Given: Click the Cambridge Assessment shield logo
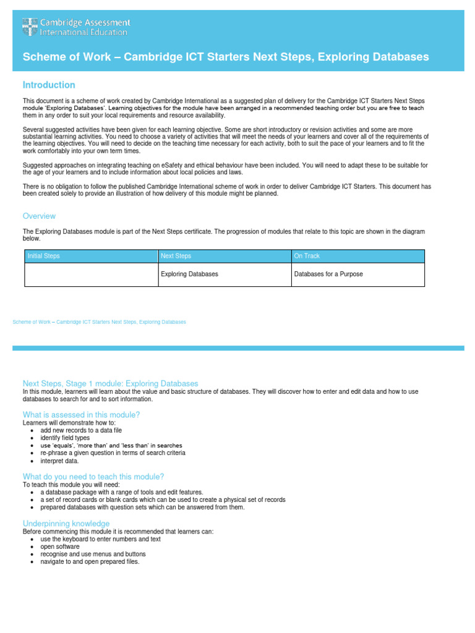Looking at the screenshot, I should click(30, 27).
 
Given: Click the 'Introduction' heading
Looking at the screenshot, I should click(49, 85).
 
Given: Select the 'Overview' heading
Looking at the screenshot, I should click(39, 216).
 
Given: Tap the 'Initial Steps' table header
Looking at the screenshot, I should click(43, 256).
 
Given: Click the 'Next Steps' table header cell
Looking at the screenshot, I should click(176, 256).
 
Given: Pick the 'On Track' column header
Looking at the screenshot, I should click(307, 256).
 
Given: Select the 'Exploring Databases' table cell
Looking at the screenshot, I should click(189, 274).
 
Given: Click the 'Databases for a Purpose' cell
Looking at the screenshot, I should click(328, 274).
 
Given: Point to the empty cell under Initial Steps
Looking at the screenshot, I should click(91, 274).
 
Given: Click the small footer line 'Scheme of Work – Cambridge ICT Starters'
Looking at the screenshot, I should click(99, 322).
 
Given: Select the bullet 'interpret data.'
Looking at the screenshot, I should click(60, 461).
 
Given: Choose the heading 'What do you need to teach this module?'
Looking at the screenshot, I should click(93, 477).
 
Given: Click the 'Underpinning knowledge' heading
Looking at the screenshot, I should click(66, 524).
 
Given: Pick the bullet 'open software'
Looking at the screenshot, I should click(60, 546).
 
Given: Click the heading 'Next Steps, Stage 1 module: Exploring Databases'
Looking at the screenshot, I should click(110, 383).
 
